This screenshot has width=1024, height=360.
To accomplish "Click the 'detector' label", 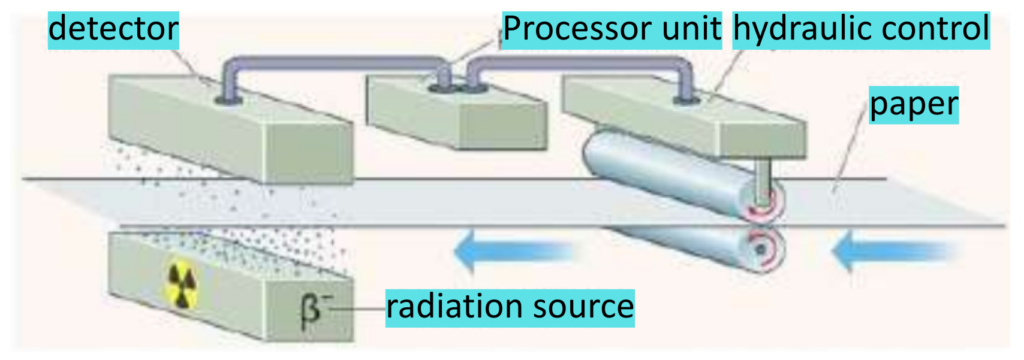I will click(113, 31).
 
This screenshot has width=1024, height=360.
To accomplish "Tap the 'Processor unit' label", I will click(611, 31).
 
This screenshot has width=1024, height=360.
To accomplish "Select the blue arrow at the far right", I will click(871, 253).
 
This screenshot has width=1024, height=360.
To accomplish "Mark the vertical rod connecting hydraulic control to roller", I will click(763, 177).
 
